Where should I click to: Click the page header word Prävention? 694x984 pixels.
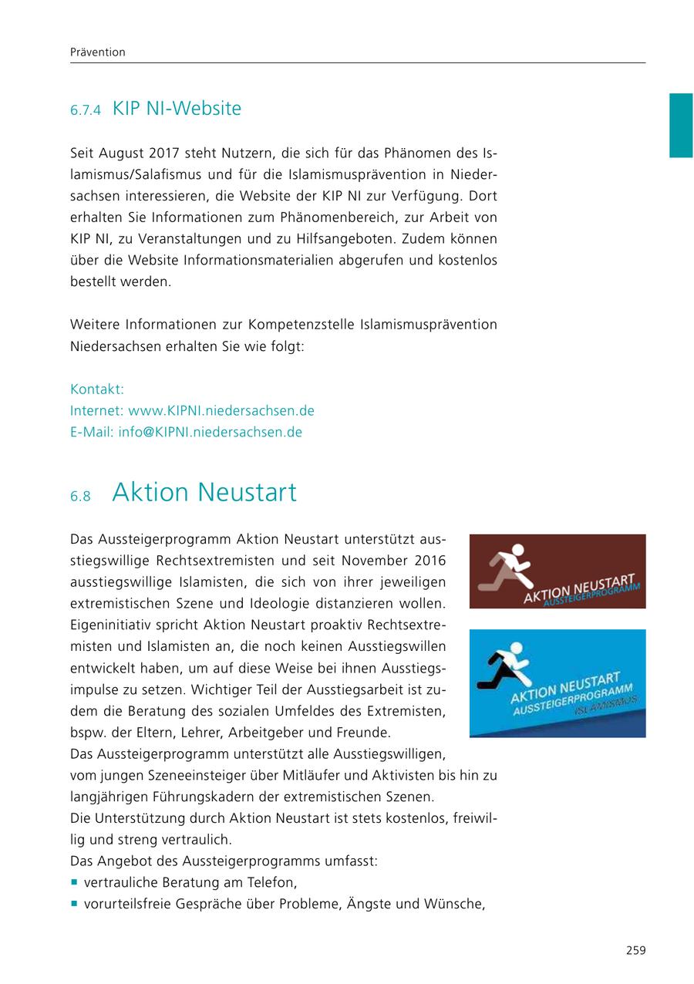coord(97,52)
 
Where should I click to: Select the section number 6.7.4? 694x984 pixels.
coord(86,110)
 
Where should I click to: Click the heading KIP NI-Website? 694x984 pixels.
coord(177,109)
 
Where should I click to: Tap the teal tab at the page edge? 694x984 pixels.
coord(680,125)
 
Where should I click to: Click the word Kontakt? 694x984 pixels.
coord(97,389)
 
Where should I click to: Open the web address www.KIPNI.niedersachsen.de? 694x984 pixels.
coord(221,410)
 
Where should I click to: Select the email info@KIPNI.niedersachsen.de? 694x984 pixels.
coord(210,432)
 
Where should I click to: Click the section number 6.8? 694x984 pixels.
coord(80,496)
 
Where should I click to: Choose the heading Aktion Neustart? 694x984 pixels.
coord(204,492)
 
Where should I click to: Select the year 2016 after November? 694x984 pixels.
coord(429,559)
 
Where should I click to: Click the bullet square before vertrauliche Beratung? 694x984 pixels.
coord(74,882)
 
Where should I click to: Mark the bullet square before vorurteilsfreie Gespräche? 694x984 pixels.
coord(74,904)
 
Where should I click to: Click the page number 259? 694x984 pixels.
coord(635,950)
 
